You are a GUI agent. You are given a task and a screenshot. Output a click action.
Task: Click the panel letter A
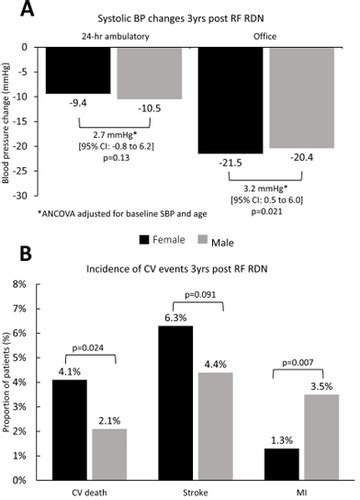coord(15,12)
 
